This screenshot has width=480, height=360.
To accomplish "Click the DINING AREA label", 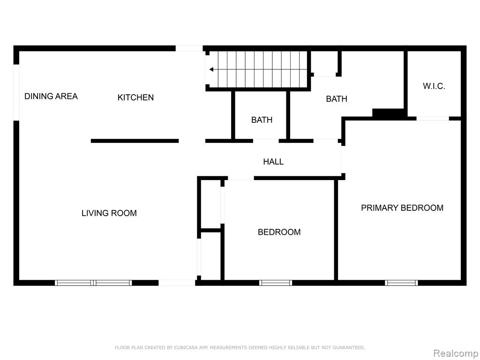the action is (x=51, y=96).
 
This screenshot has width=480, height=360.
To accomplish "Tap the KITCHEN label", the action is (x=135, y=97).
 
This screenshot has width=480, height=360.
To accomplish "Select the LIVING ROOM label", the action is (x=109, y=213).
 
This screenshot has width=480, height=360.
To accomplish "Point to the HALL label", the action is (x=273, y=162).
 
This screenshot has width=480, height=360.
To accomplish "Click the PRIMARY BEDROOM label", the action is (x=402, y=208).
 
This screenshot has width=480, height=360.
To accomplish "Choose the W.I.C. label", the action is (x=434, y=86).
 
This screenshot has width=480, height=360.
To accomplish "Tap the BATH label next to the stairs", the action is (x=262, y=120).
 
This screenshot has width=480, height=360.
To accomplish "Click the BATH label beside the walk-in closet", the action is (x=337, y=99).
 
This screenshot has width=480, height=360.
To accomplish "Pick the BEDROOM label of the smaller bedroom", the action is (x=279, y=232).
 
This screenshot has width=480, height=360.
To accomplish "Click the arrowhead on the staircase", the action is (x=211, y=69).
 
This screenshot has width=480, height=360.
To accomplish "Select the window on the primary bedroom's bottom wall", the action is (x=401, y=283).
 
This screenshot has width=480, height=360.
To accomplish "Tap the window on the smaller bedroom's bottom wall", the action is (x=276, y=283).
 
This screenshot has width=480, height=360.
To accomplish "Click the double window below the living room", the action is (x=93, y=283).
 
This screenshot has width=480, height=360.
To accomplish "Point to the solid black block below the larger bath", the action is (x=388, y=112).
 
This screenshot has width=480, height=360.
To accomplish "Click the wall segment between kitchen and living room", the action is (x=135, y=141).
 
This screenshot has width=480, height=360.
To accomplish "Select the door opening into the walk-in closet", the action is (x=433, y=119).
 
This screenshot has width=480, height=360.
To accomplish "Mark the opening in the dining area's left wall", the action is (x=16, y=92).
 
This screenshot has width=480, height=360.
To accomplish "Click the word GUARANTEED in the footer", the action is (x=349, y=348).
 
